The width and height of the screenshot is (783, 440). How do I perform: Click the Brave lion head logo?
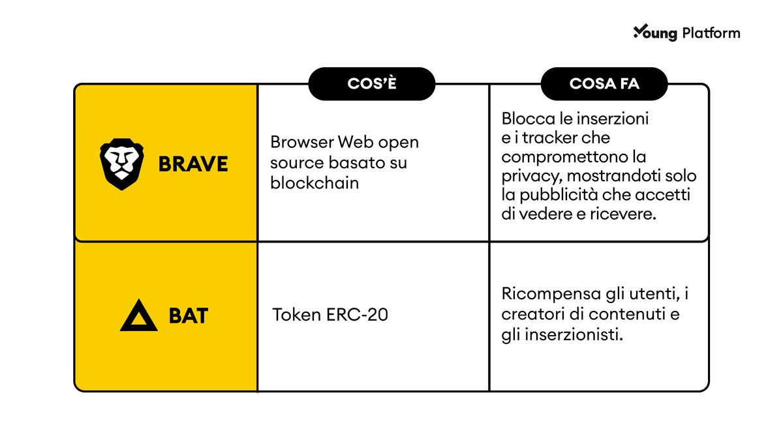[121, 164]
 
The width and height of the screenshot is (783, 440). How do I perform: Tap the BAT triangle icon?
[139, 315]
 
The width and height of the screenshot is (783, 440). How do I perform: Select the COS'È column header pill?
[372, 84]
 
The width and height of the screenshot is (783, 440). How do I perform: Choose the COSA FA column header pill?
[604, 84]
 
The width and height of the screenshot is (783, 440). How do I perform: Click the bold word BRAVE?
[193, 164]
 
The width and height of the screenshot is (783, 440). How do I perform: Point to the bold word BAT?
[189, 315]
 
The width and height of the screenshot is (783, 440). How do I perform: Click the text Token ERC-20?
[330, 315]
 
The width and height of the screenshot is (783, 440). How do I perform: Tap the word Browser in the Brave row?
[302, 142]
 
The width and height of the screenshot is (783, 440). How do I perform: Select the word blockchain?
[315, 183]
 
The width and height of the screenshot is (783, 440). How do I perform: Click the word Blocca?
[529, 119]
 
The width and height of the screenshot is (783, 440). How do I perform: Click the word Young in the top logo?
[655, 33]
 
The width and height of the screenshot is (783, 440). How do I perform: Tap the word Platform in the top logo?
[711, 33]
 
